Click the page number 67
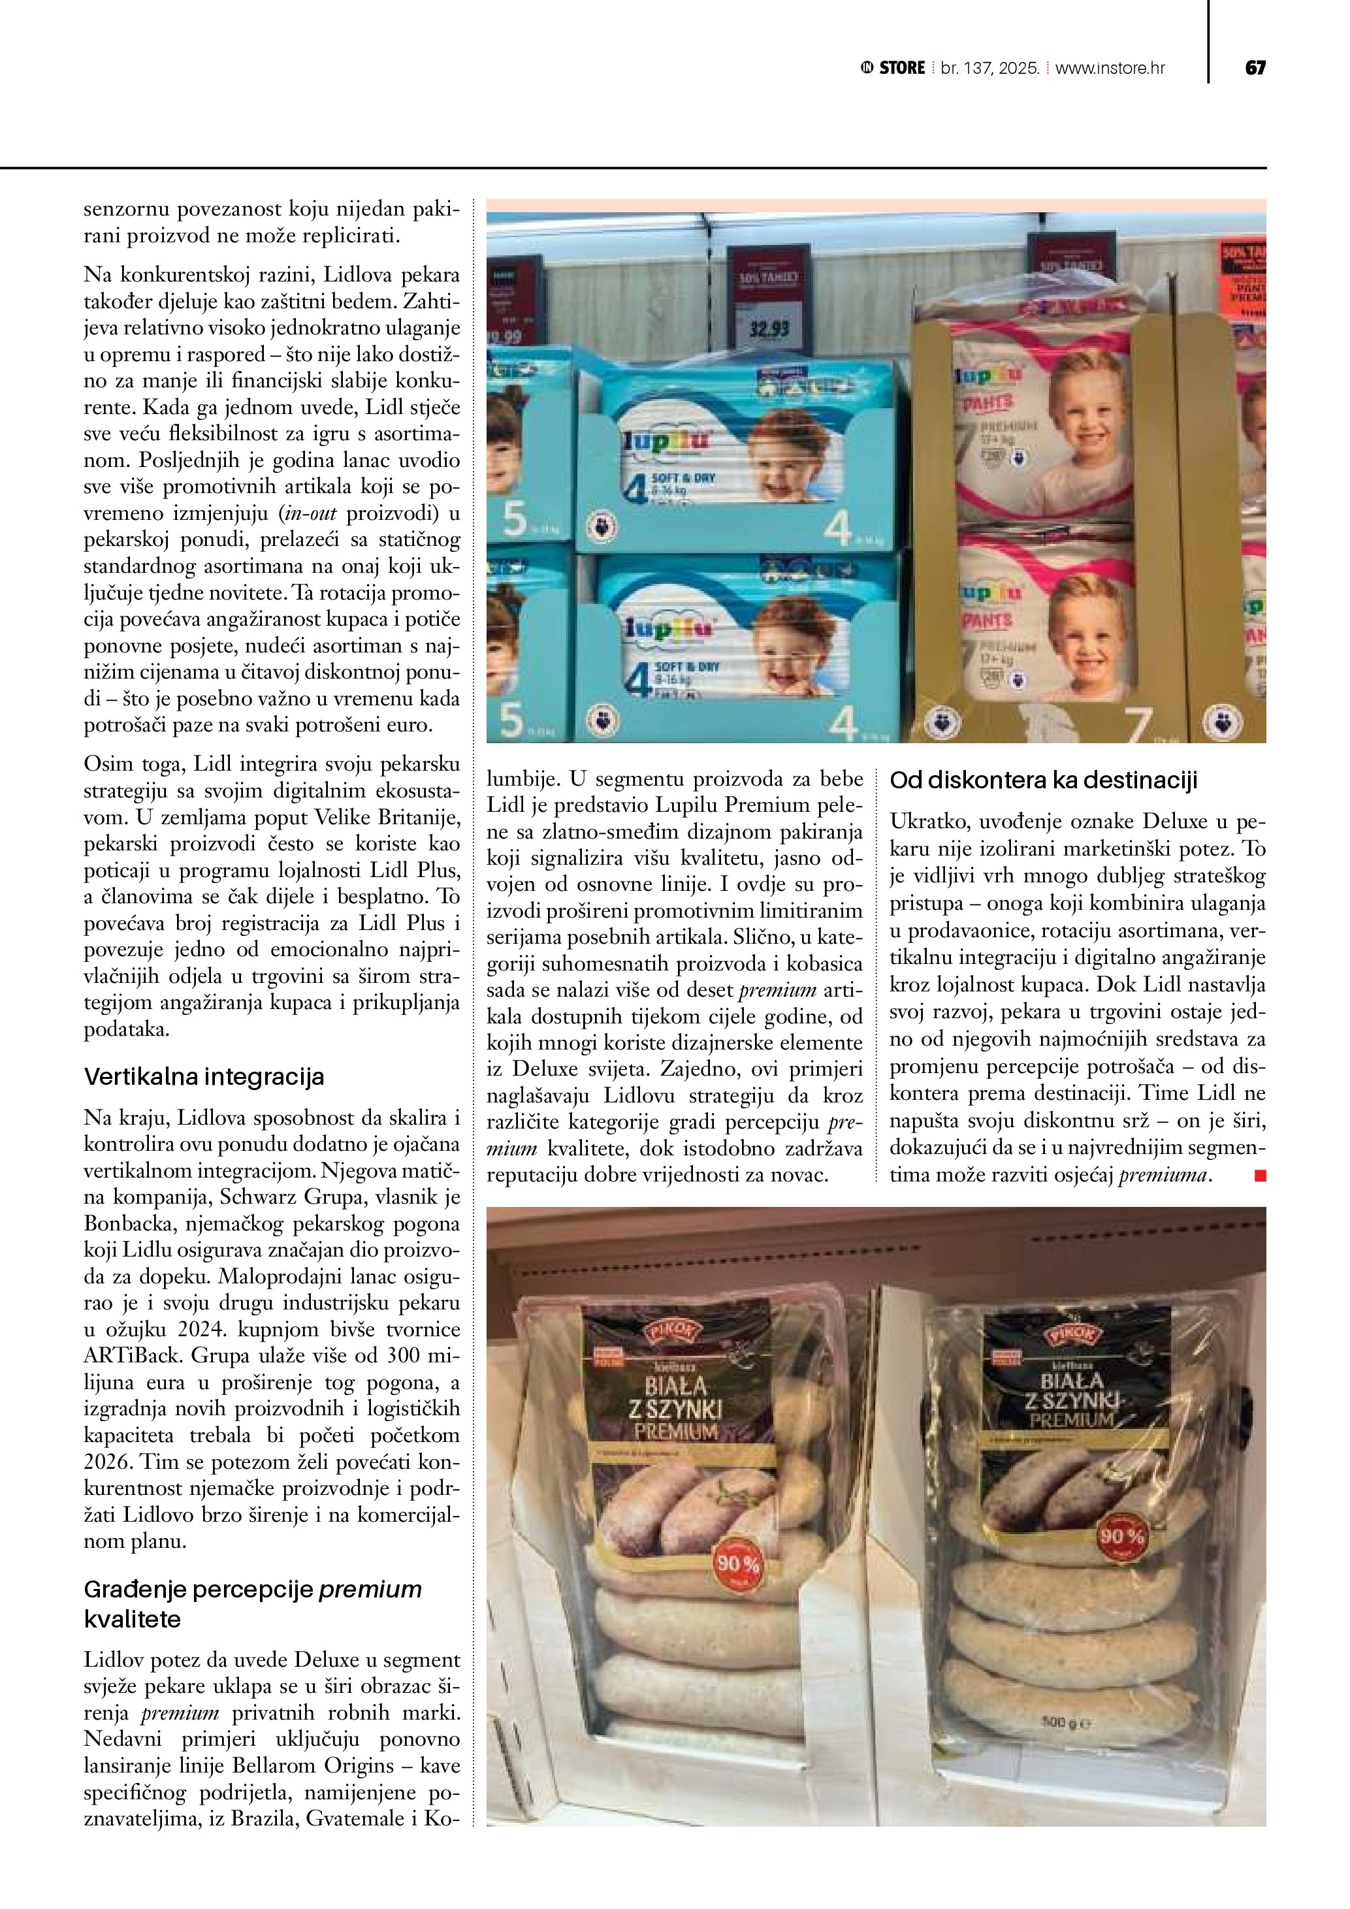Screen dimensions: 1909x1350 [1255, 68]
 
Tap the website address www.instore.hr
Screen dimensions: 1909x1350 [1110, 68]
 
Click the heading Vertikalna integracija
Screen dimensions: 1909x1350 [204, 1077]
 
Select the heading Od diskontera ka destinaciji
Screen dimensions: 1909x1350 [1043, 780]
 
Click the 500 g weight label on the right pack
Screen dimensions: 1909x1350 [1065, 1724]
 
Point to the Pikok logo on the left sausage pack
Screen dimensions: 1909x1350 [671, 1334]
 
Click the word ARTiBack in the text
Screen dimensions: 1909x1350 [131, 1355]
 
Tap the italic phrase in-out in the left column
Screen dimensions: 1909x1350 [310, 513]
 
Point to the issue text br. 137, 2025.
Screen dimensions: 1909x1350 [990, 68]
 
